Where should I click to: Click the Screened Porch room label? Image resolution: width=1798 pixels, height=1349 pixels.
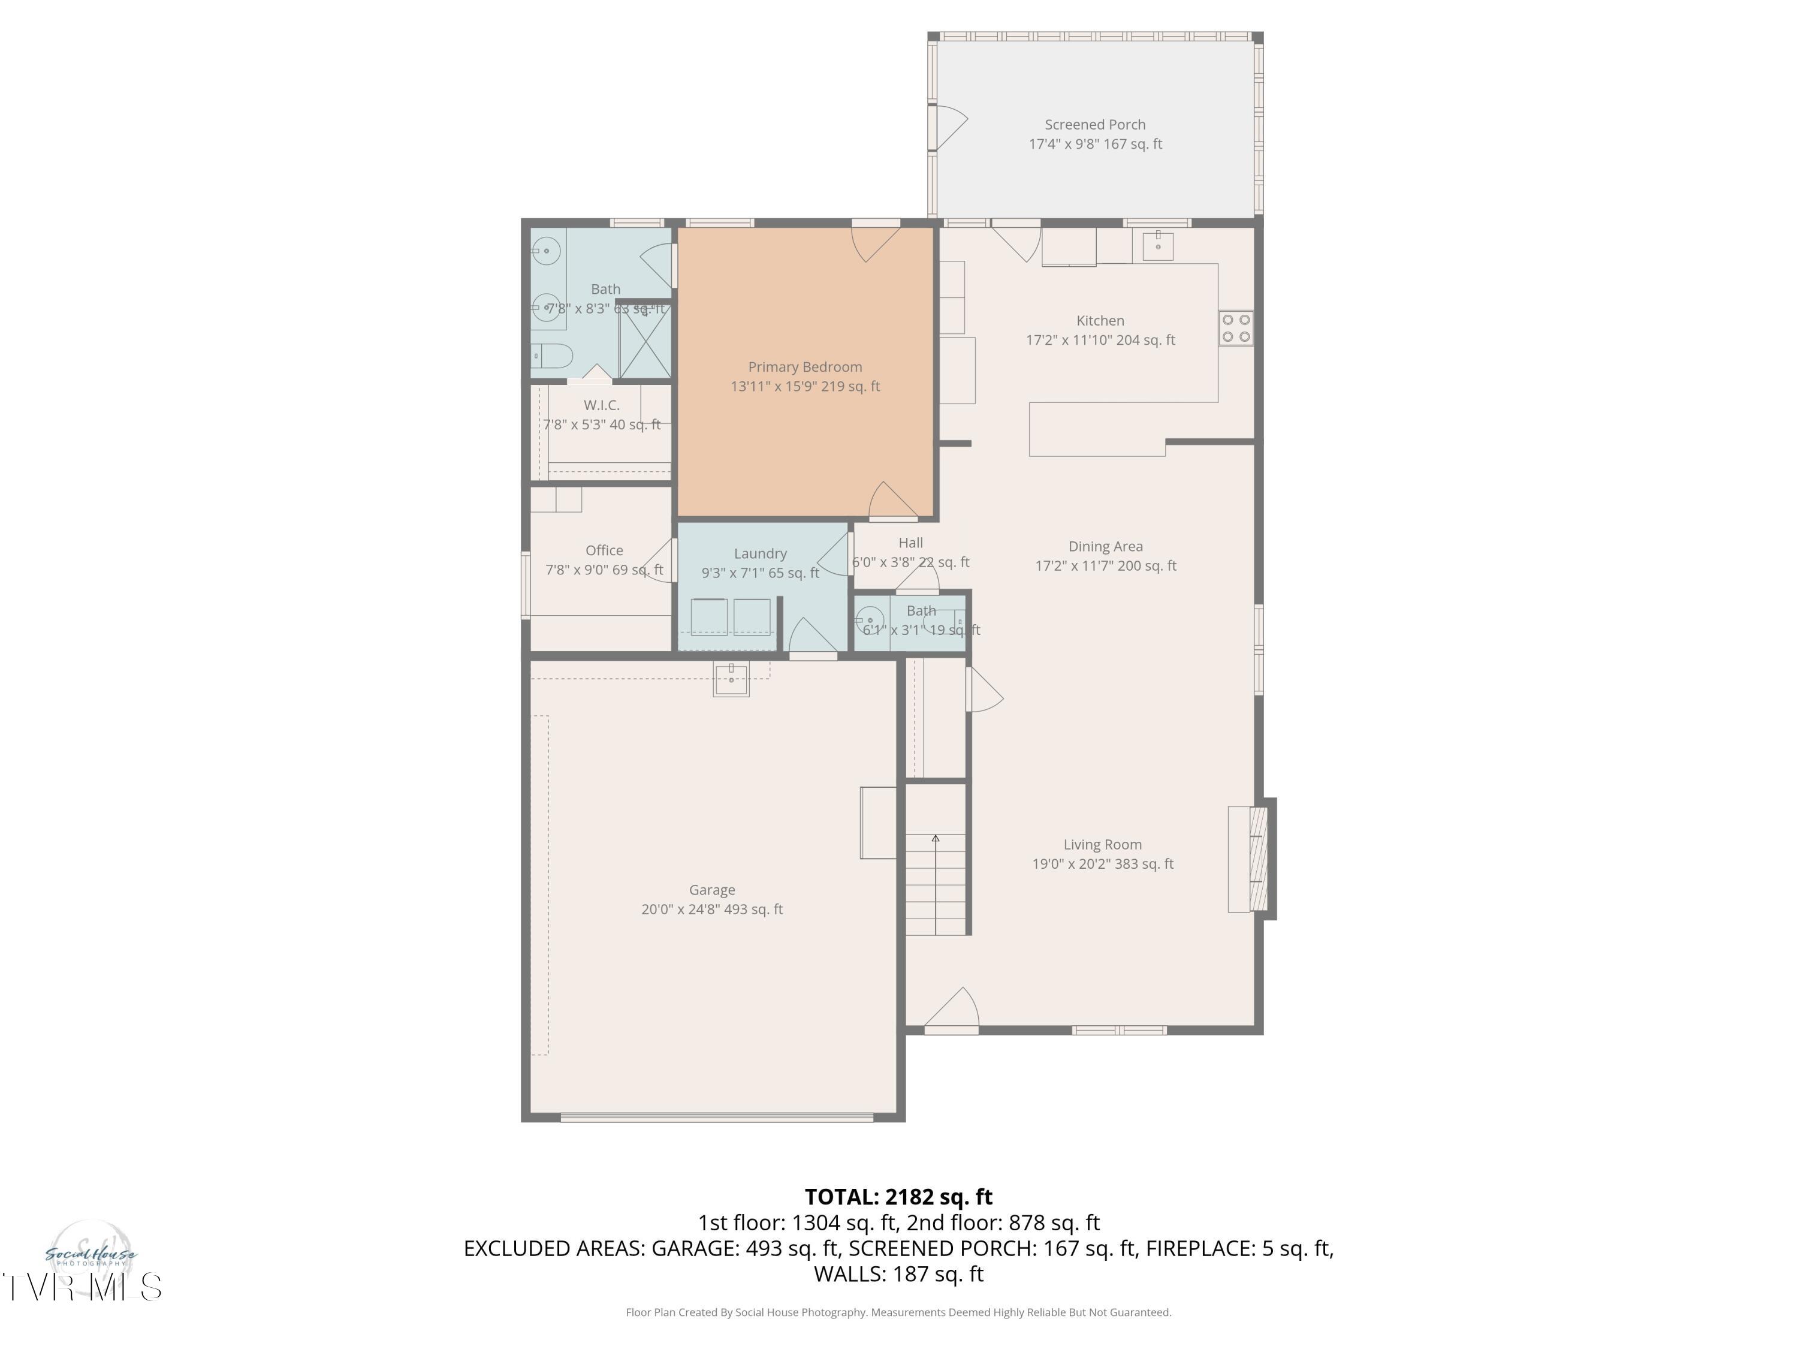pyautogui.click(x=1095, y=125)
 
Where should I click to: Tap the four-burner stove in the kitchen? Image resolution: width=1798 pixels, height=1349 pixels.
pyautogui.click(x=1235, y=329)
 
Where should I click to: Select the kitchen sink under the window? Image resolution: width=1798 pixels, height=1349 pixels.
pyautogui.click(x=1157, y=245)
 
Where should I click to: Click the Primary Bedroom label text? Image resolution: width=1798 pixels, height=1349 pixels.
pyautogui.click(x=805, y=368)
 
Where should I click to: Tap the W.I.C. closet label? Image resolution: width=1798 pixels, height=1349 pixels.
pyautogui.click(x=602, y=405)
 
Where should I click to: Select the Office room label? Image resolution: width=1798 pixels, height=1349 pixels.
pyautogui.click(x=604, y=550)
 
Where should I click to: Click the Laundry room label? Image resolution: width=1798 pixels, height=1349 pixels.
pyautogui.click(x=760, y=554)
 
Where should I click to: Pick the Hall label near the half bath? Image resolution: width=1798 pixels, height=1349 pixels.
pyautogui.click(x=910, y=543)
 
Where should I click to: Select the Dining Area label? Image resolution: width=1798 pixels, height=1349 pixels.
pyautogui.click(x=1105, y=546)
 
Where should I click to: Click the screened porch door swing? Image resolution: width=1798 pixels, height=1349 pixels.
pyautogui.click(x=949, y=127)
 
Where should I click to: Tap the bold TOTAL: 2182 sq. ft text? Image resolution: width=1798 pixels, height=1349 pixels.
pyautogui.click(x=898, y=1197)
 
